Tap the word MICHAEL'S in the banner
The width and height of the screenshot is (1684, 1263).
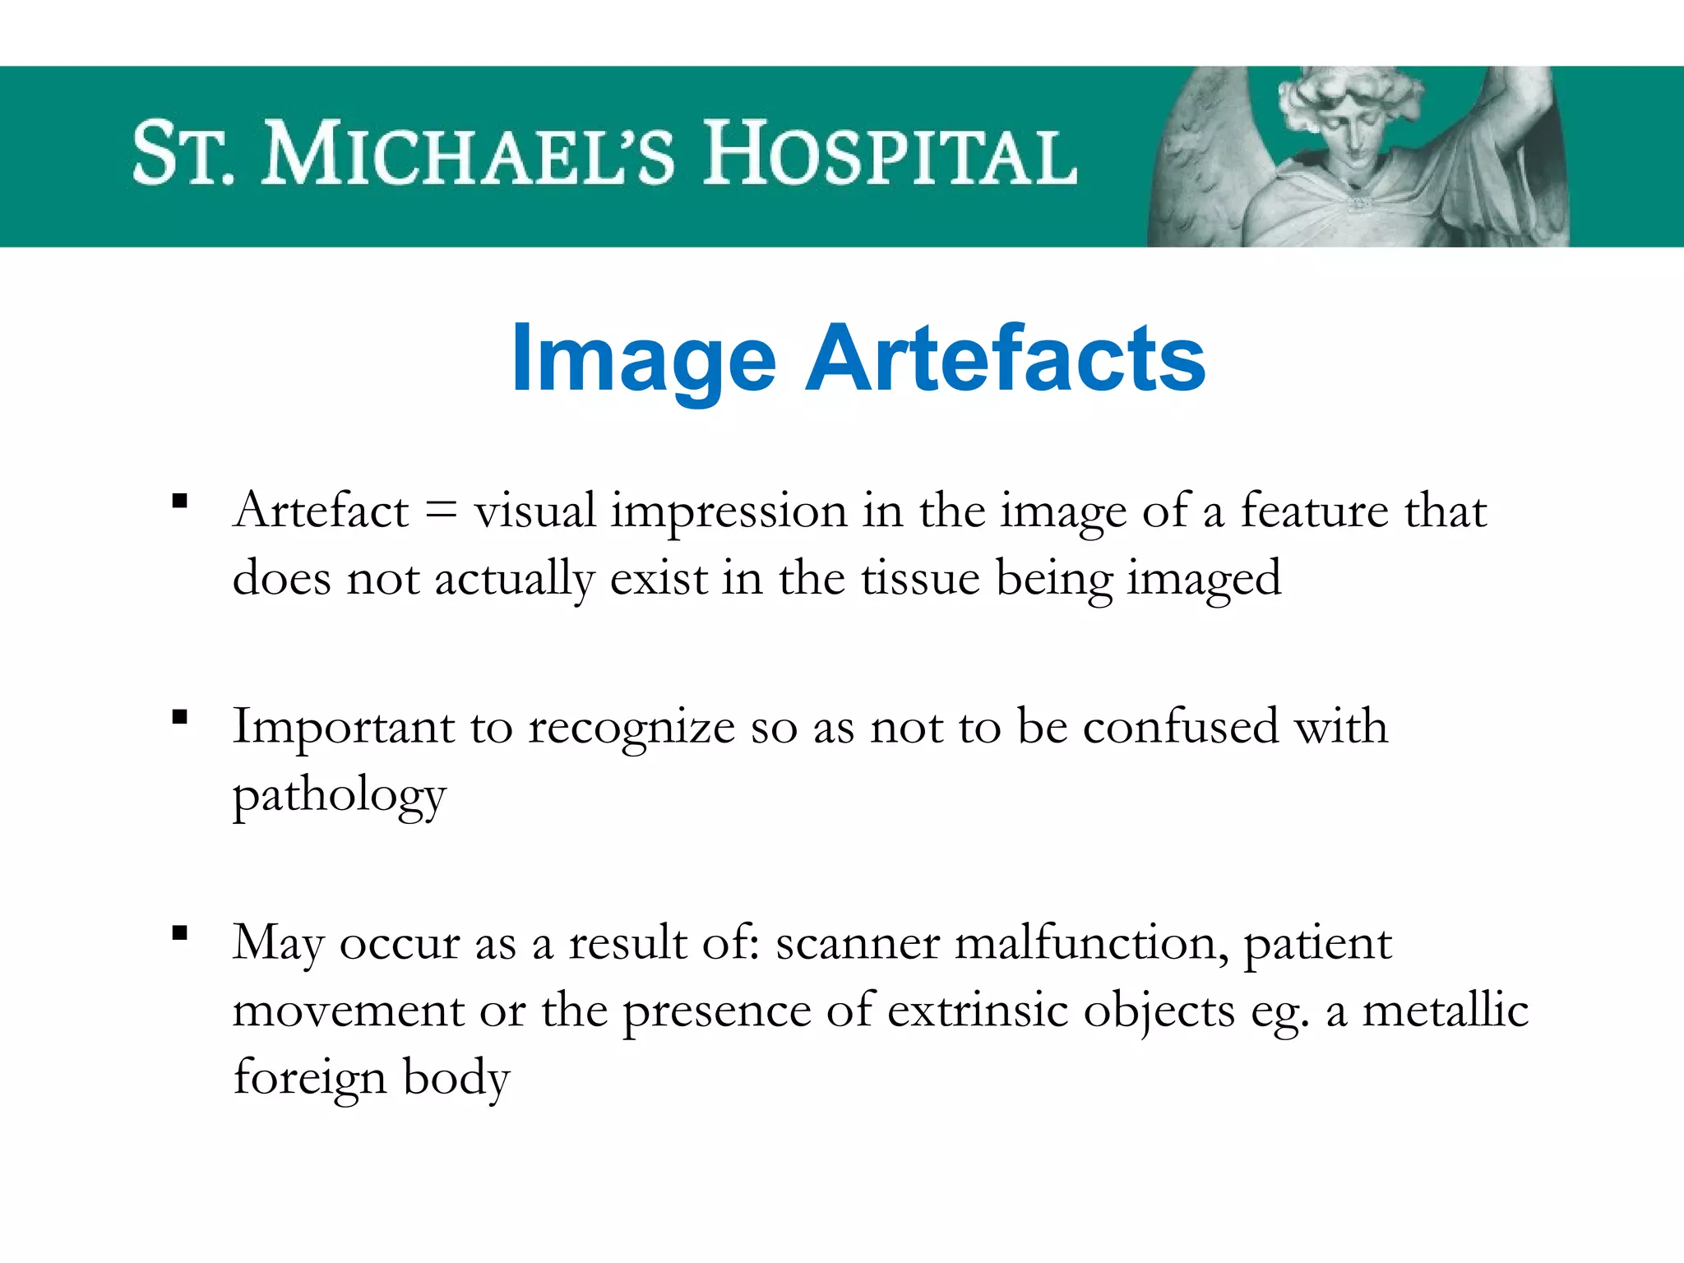pyautogui.click(x=469, y=155)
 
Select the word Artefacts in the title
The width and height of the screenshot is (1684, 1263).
pyautogui.click(x=1005, y=359)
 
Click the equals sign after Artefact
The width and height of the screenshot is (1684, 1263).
pyautogui.click(x=441, y=511)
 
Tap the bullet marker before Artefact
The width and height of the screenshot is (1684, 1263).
pyautogui.click(x=180, y=501)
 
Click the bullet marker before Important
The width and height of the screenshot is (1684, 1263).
pyautogui.click(x=180, y=717)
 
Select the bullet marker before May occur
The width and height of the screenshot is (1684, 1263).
pyautogui.click(x=180, y=932)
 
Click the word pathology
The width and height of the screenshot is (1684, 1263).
pyautogui.click(x=339, y=796)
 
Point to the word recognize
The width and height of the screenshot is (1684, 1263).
pyautogui.click(x=631, y=729)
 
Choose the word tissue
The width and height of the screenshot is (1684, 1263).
pyautogui.click(x=920, y=578)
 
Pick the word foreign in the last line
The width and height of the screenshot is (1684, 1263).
pyautogui.click(x=309, y=1078)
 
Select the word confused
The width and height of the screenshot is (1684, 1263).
pyautogui.click(x=1181, y=727)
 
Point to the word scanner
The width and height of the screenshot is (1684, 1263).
pyautogui.click(x=857, y=944)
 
